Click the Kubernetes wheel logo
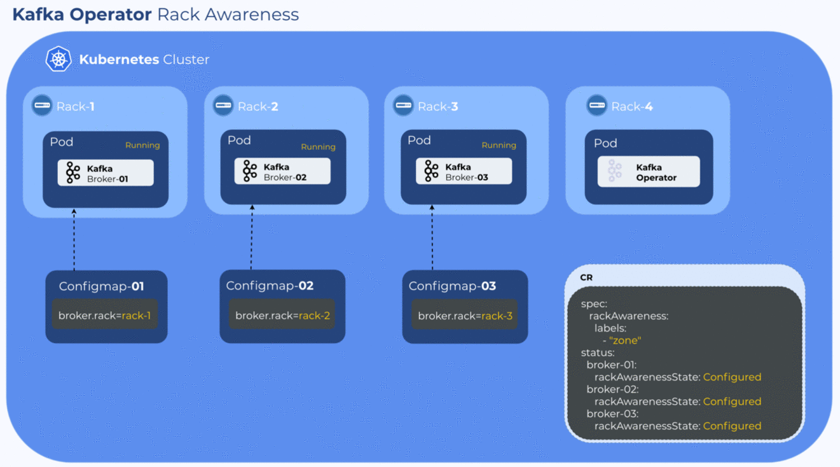point(59,59)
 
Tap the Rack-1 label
point(76,106)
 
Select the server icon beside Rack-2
point(223,105)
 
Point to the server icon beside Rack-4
point(596,105)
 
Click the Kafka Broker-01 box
point(106,173)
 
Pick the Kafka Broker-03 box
point(464,171)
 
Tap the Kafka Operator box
point(649,172)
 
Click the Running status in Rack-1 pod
point(142,145)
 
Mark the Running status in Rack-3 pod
point(499,145)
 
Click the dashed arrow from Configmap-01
point(74,239)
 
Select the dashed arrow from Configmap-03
point(432,237)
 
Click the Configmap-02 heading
point(270,286)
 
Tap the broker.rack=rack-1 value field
point(104,316)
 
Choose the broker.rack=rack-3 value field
point(465,316)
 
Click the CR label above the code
point(586,277)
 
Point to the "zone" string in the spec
point(624,340)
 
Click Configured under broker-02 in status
point(732,401)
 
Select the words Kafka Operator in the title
point(82,14)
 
